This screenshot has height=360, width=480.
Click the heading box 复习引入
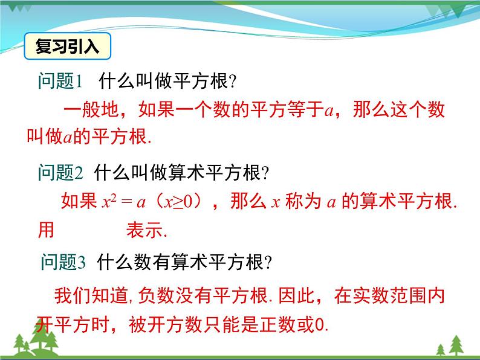pyautogui.click(x=67, y=46)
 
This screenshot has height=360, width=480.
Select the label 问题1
pyautogui.click(x=60, y=81)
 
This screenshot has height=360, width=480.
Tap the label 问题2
pyautogui.click(x=60, y=172)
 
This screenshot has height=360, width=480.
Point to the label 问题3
pyautogui.click(x=63, y=262)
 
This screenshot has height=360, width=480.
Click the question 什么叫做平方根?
pyautogui.click(x=167, y=81)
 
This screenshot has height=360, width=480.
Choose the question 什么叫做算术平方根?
pyautogui.click(x=181, y=172)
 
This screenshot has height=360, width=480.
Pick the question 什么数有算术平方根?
pyautogui.click(x=184, y=262)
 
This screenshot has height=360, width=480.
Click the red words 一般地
pyautogui.click(x=91, y=109)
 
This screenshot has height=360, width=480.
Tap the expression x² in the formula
pyautogui.click(x=109, y=202)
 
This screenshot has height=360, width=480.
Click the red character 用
pyautogui.click(x=46, y=230)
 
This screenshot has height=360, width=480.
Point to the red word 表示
pyautogui.click(x=144, y=230)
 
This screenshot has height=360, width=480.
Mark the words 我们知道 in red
pyautogui.click(x=91, y=295)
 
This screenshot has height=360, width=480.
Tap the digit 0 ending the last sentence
pyautogui.click(x=320, y=324)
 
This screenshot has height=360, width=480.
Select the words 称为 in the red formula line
pyautogui.click(x=303, y=201)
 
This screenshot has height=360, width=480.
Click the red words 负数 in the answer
pyautogui.click(x=156, y=295)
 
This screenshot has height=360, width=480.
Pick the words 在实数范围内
pyautogui.click(x=389, y=295)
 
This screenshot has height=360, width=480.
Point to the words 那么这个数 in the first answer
pyautogui.click(x=399, y=109)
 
